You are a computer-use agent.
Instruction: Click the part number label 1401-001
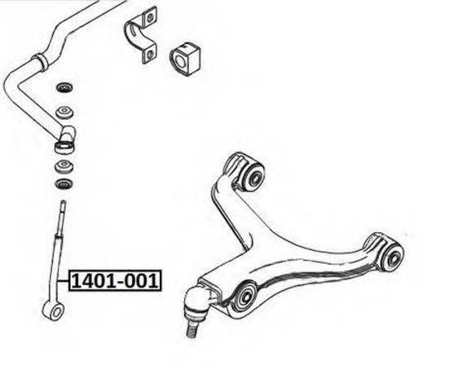click(115, 281)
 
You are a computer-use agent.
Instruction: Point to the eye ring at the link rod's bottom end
click(53, 310)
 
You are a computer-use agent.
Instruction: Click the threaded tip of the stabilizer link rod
click(63, 209)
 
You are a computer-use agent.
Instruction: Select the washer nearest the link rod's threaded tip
click(64, 183)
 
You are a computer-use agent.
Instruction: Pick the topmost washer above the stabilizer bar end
click(64, 87)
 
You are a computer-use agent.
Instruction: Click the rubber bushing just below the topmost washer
click(64, 112)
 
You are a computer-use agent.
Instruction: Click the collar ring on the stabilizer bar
click(40, 62)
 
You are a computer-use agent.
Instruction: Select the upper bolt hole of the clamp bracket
click(149, 19)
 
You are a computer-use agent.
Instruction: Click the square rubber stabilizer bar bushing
click(185, 59)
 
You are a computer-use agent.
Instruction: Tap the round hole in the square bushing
click(180, 60)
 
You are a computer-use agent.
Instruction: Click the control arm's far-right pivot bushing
click(393, 256)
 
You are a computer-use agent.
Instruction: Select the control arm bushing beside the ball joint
click(244, 297)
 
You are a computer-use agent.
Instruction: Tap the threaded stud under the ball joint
click(192, 328)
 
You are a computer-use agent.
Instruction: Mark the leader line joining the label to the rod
click(64, 281)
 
